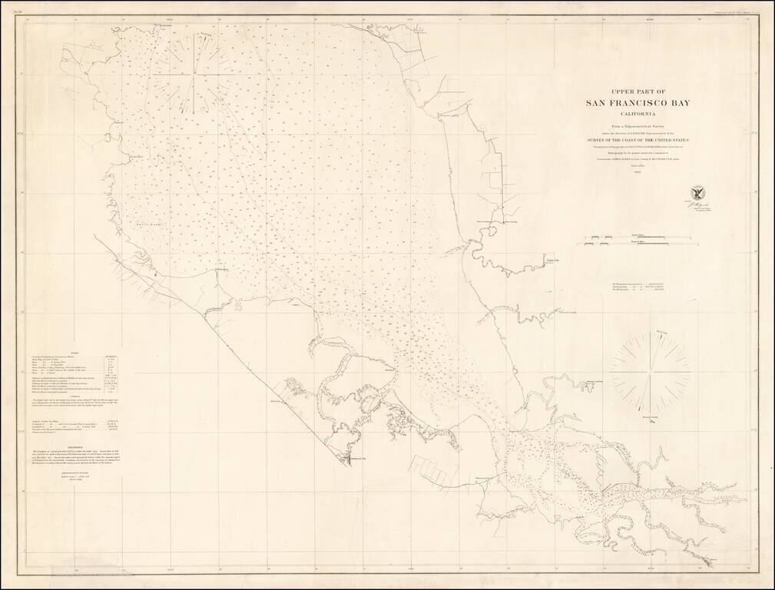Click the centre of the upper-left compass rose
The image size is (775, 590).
pyautogui.click(x=194, y=75)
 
